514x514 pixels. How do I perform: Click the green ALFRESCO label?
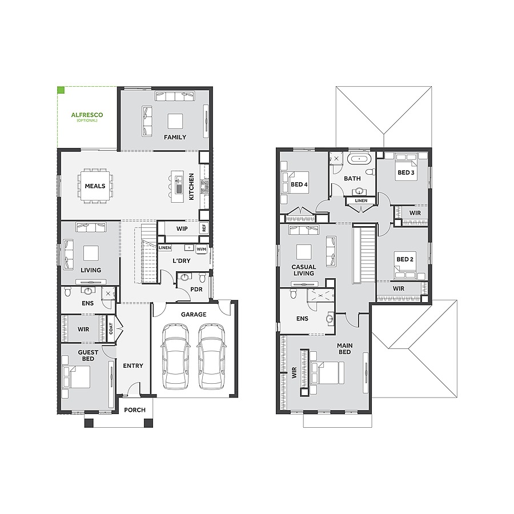pos(87,115)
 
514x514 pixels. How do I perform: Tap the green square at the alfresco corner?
pos(61,90)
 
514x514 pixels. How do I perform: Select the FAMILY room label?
pos(175,137)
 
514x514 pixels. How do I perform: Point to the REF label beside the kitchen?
pos(203,228)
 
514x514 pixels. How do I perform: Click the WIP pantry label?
pos(182,229)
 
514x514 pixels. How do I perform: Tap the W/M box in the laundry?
pos(201,249)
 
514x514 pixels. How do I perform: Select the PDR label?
pos(196,290)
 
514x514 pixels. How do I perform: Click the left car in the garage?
pos(174,356)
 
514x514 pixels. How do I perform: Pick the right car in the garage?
pos(210,356)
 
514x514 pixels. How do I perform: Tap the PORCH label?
pos(135,409)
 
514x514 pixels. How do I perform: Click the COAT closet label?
pos(111,330)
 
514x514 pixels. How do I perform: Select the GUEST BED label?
pos(88,355)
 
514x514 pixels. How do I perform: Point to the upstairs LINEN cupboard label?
pos(361,200)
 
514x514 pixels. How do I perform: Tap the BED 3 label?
pos(405,172)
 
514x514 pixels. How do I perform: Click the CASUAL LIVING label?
pos(303,270)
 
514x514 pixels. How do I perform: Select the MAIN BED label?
pos(344,348)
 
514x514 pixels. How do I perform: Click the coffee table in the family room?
pos(175,121)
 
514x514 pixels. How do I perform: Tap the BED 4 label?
pos(299,184)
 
